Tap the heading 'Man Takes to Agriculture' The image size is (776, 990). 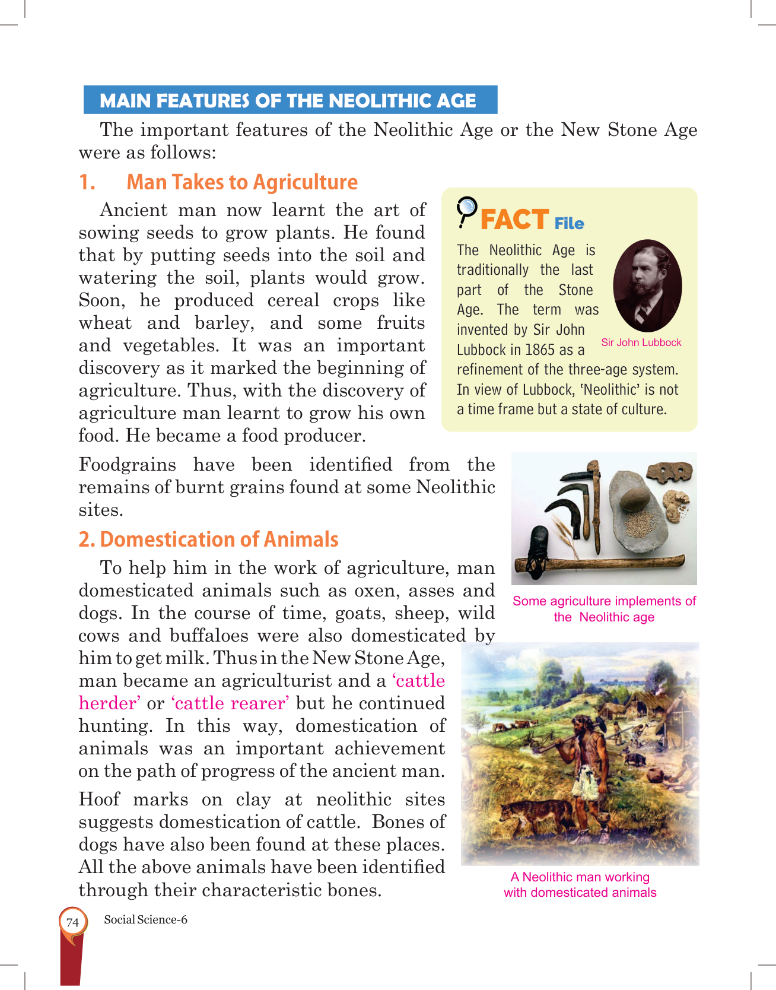click(242, 182)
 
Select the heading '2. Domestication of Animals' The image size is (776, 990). click(208, 540)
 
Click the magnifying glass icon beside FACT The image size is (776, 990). click(467, 211)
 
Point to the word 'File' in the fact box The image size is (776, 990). click(569, 224)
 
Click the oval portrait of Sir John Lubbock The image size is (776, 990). click(647, 285)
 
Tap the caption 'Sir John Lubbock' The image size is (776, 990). click(641, 342)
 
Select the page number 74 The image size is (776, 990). click(72, 922)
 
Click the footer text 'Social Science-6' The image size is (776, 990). click(145, 920)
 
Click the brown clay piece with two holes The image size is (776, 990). click(669, 473)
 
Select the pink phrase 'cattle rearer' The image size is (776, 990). click(230, 703)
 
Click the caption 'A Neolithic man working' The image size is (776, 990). click(580, 877)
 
